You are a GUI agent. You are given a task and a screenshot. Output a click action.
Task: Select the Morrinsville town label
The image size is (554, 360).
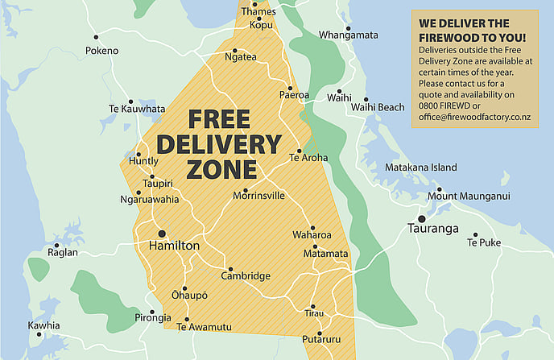pos(258,195)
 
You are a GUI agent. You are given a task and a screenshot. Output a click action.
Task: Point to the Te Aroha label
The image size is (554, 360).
pos(308,158)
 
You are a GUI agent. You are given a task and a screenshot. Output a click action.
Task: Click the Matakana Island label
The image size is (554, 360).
pos(421,168)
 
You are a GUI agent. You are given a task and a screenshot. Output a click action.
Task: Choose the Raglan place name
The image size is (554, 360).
pos(64,252)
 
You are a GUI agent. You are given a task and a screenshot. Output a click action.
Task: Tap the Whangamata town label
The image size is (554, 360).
pos(348,35)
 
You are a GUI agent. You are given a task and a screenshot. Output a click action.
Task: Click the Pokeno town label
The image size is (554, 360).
pos(101,51)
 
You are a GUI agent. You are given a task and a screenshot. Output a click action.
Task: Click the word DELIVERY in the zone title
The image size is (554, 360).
pos(218,145)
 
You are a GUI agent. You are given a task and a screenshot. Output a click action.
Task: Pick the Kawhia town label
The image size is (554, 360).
pos(43,325)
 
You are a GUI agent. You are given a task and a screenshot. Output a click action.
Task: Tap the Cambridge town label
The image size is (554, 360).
pos(246,276)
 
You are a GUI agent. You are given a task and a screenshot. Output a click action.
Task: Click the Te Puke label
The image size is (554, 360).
pos(484,242)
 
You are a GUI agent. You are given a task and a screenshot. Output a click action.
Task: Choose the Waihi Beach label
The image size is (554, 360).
pos(378,107)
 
